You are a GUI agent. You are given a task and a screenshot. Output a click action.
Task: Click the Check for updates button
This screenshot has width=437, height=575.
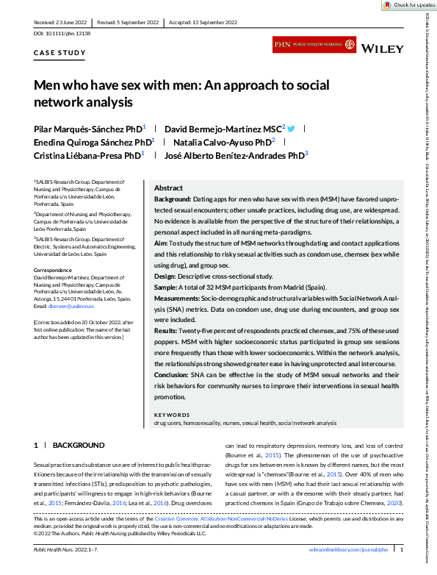coord(409,4)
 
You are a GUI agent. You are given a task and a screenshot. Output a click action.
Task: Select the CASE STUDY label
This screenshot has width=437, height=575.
coord(60,53)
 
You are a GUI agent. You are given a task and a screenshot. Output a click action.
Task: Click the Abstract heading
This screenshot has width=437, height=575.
coord(168,188)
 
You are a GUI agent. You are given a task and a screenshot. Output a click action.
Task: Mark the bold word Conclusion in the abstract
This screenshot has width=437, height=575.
coord(173,375)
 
